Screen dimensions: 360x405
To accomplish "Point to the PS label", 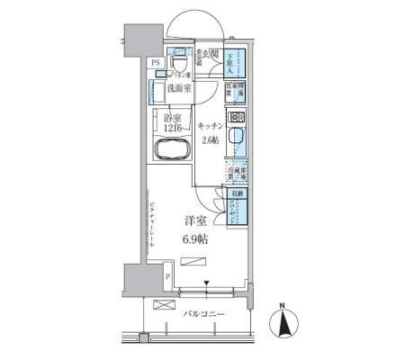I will click(156, 62).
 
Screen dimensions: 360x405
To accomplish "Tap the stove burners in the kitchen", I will click(237, 118).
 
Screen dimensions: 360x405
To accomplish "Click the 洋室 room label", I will click(196, 220).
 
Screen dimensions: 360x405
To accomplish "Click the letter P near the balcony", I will click(166, 275).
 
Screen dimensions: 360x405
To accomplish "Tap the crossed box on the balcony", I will click(166, 306).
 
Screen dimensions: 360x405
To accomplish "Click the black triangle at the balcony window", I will click(208, 287).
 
